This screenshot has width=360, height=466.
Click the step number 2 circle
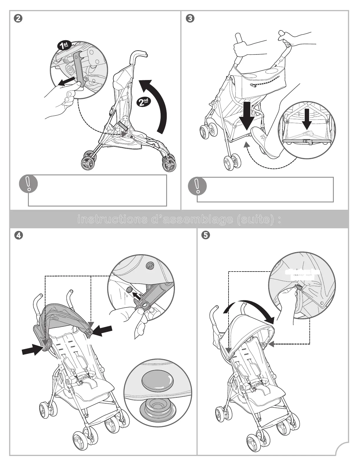[x=18, y=18]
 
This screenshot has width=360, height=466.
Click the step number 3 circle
[x=190, y=18]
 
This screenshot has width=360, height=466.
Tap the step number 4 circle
[x=18, y=235]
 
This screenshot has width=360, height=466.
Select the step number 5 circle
[x=207, y=235]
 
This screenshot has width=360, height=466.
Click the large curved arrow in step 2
[x=156, y=103]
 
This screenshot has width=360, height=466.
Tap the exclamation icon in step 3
[x=198, y=186]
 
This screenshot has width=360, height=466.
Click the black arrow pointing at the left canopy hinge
[x=33, y=349]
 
